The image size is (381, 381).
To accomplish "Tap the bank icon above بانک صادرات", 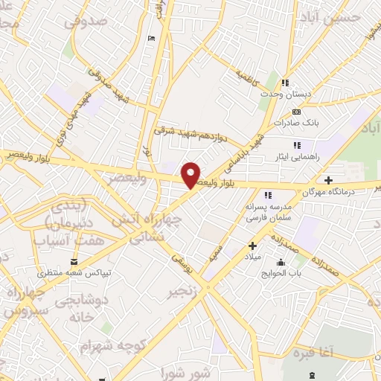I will pyautogui.click(x=295, y=112).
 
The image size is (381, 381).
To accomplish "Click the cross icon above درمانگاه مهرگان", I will pyautogui.click(x=329, y=180).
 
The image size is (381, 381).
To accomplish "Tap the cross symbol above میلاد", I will pyautogui.click(x=252, y=246).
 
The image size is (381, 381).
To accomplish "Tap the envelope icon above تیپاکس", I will pyautogui.click(x=74, y=262).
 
